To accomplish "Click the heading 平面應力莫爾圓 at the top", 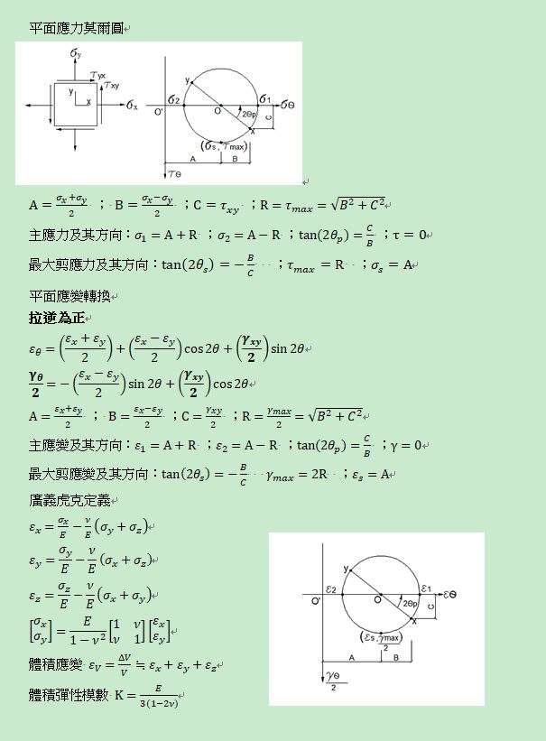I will point(76,29).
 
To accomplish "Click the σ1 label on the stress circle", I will point(264,98).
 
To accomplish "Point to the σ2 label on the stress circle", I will point(174,98).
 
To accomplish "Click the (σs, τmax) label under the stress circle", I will point(223,146).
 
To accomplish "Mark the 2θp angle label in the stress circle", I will point(246,116).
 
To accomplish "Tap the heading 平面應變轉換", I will point(69,296).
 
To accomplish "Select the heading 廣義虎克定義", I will point(69,500).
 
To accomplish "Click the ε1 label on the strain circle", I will point(426,588).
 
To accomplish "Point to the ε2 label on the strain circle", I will point(331,588).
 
